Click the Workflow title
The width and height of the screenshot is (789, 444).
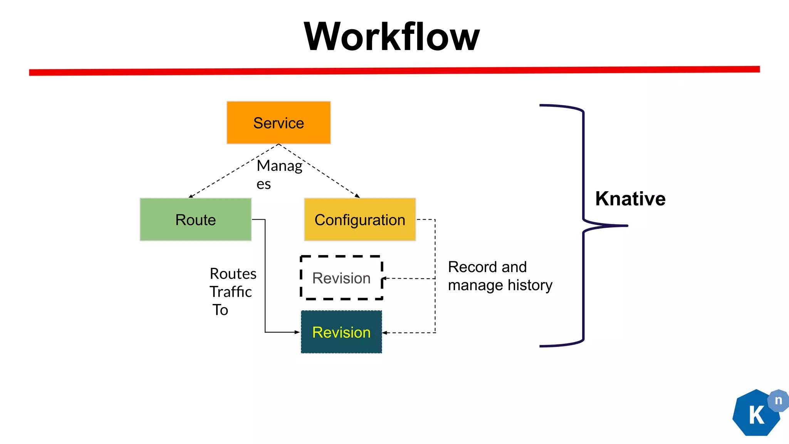[391, 37]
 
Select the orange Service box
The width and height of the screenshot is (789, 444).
[279, 123]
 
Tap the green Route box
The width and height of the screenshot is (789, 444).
[196, 220]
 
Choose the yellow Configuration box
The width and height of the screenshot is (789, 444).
[360, 220]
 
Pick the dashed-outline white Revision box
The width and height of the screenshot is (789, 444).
[341, 278]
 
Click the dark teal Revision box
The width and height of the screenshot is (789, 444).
[341, 332]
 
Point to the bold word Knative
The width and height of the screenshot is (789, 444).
[630, 199]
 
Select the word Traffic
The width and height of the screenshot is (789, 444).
[230, 292]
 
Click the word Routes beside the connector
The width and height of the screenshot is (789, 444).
[233, 274]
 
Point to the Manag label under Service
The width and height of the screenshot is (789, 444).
[279, 166]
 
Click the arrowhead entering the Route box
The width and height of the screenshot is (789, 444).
[190, 197]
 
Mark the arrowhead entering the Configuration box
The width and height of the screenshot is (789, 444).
[358, 196]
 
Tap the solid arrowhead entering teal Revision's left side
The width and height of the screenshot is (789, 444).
[297, 332]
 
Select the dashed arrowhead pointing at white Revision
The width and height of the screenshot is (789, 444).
[384, 278]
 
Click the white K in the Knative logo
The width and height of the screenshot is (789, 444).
[756, 415]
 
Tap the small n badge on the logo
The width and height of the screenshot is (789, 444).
[778, 400]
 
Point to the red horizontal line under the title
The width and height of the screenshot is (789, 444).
[394, 71]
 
